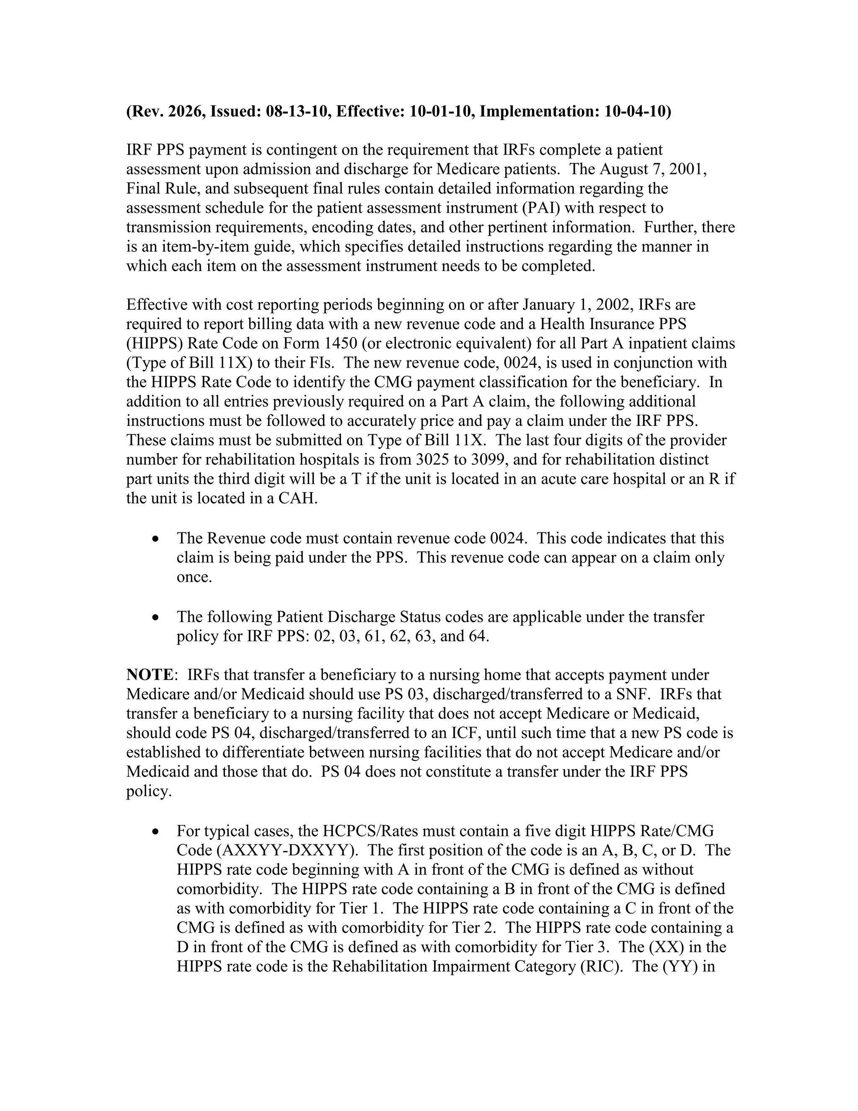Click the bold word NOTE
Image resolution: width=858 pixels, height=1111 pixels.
click(150, 675)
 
